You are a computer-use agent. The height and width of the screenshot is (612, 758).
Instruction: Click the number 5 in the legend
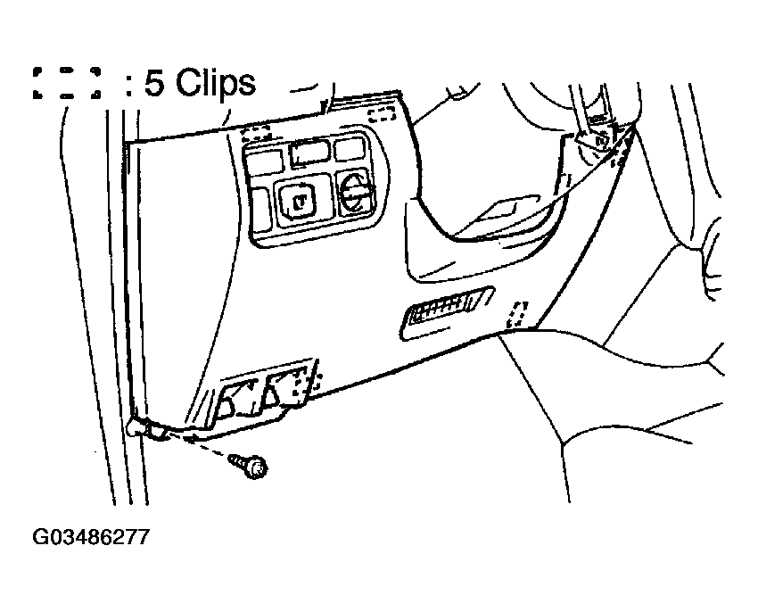tap(155, 83)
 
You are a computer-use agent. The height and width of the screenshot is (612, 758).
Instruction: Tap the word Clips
tap(215, 83)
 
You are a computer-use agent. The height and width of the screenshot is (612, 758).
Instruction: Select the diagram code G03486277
tap(90, 538)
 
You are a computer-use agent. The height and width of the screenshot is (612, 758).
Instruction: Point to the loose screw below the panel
tap(248, 464)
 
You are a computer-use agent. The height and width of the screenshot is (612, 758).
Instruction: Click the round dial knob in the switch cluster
tap(353, 192)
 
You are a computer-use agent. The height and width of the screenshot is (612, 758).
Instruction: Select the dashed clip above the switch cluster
tap(257, 133)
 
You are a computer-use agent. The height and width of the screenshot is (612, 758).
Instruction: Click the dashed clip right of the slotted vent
tap(516, 312)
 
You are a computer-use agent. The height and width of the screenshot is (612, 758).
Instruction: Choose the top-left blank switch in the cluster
tap(265, 161)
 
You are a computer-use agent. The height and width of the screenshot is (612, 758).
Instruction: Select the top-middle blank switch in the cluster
tap(309, 153)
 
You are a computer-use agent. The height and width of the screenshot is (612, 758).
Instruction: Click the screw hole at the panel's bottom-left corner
tap(136, 426)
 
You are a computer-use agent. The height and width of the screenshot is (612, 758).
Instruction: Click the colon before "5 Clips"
tap(128, 85)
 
